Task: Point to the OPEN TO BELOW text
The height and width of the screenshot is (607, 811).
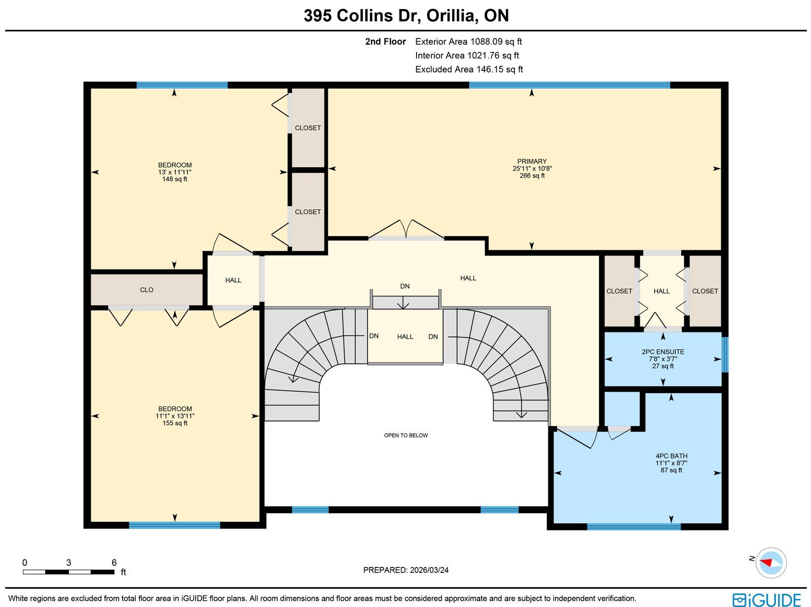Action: pyautogui.click(x=405, y=435)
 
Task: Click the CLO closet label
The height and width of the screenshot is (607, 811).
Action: pyautogui.click(x=146, y=290)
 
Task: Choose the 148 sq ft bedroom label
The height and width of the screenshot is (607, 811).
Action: pyautogui.click(x=175, y=172)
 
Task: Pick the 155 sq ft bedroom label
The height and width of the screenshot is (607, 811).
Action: pyautogui.click(x=175, y=416)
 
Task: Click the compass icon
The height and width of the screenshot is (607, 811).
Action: pyautogui.click(x=771, y=563)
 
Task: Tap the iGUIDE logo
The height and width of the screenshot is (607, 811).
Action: pyautogui.click(x=766, y=600)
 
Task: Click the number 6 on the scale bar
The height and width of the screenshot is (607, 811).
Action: pyautogui.click(x=114, y=562)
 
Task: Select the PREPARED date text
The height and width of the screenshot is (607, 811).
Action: pyautogui.click(x=405, y=570)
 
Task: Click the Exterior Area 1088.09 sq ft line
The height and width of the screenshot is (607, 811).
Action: pyautogui.click(x=468, y=42)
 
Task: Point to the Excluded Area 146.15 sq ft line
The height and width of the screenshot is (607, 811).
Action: pyautogui.click(x=469, y=69)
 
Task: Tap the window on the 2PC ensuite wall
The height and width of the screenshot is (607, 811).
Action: pyautogui.click(x=725, y=355)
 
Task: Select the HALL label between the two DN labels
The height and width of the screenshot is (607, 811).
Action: pyautogui.click(x=405, y=337)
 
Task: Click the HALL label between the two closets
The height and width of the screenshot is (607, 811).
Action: pyautogui.click(x=661, y=291)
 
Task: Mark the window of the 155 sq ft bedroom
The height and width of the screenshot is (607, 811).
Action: pyautogui.click(x=174, y=525)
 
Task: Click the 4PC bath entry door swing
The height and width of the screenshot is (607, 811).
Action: pyautogui.click(x=577, y=438)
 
